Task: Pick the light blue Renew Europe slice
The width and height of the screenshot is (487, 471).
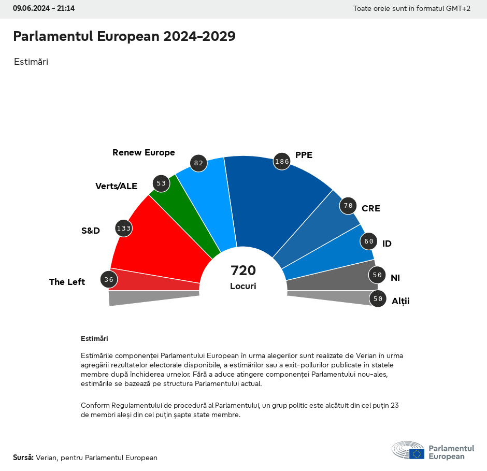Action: click(x=212, y=197)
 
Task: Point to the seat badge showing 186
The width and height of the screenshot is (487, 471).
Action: click(x=282, y=161)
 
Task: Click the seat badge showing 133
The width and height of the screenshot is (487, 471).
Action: click(x=123, y=228)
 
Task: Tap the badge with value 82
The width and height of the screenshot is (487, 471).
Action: click(x=198, y=163)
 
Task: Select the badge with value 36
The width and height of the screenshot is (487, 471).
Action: click(x=108, y=280)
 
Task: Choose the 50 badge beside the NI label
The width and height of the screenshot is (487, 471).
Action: click(x=377, y=275)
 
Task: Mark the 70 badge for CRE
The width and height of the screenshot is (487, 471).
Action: click(x=348, y=206)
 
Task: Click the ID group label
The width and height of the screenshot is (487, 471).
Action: click(x=387, y=244)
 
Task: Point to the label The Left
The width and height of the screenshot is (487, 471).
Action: click(x=67, y=282)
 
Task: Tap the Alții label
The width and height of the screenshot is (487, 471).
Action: click(x=400, y=301)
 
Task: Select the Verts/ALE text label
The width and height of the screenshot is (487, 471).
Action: click(x=116, y=186)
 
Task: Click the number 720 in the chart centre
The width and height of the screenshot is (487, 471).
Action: click(x=244, y=270)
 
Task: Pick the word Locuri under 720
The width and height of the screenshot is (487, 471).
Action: click(x=244, y=286)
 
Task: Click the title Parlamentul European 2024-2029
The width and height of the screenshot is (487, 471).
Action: click(x=124, y=36)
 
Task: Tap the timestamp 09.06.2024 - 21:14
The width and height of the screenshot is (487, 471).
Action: click(x=44, y=8)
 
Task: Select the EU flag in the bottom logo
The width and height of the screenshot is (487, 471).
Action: click(x=417, y=454)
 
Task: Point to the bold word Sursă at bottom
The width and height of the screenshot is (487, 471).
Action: click(x=23, y=458)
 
